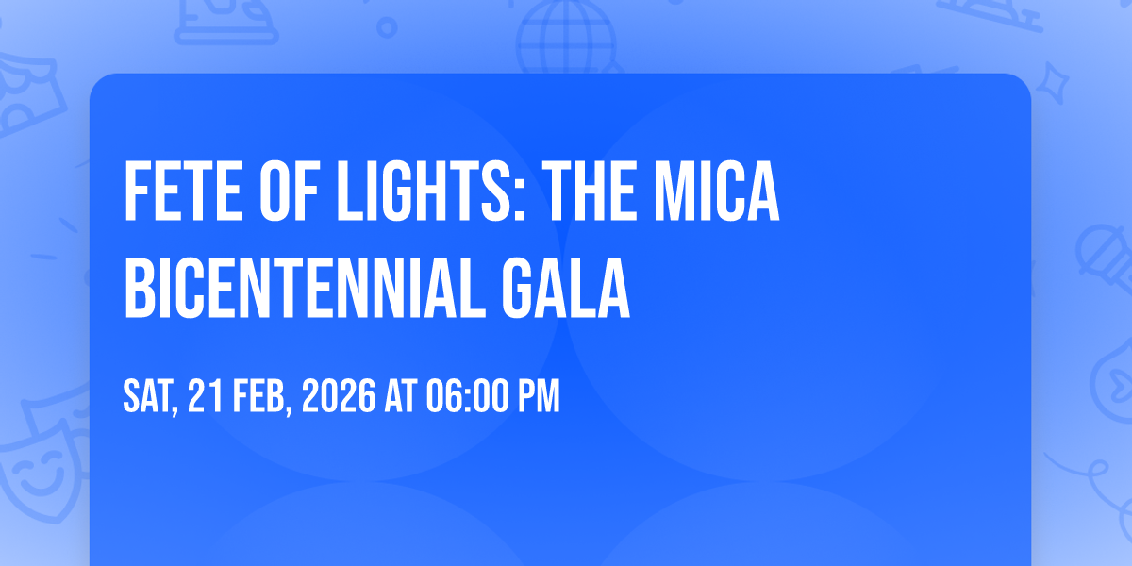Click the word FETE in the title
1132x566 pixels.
(x=183, y=191)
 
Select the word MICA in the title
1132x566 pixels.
(x=717, y=191)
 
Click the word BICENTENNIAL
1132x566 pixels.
(x=305, y=288)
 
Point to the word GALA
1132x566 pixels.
(x=565, y=288)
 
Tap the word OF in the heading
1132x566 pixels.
(x=289, y=191)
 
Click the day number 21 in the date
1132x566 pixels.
(x=206, y=397)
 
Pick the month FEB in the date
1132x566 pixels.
(x=258, y=397)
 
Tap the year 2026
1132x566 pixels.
(x=339, y=397)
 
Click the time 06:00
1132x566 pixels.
(x=465, y=397)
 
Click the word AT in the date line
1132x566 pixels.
(x=401, y=397)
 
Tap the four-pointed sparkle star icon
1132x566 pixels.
(x=1052, y=83)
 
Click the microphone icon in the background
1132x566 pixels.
(x=1105, y=258)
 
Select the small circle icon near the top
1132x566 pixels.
(x=387, y=27)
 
